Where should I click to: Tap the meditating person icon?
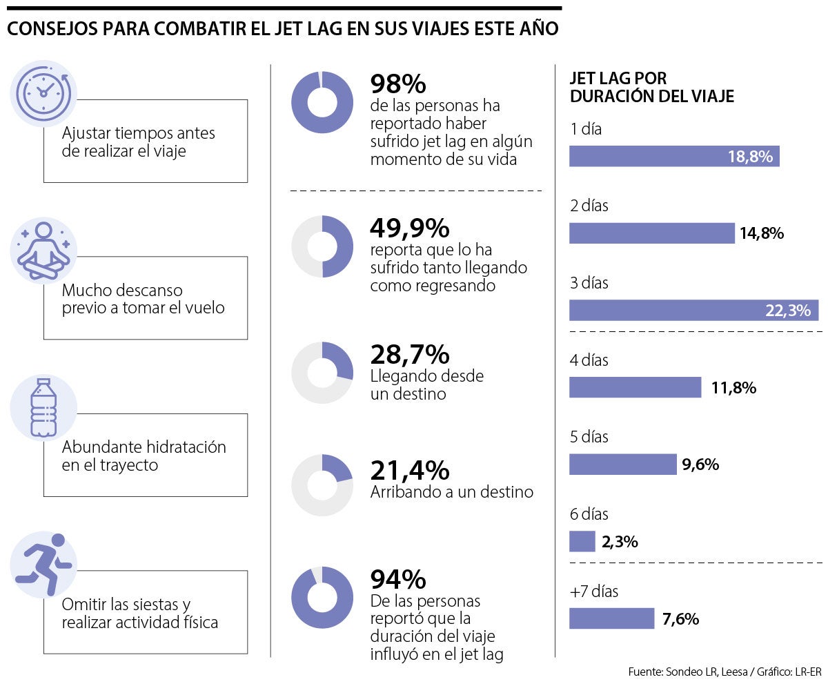tap(43, 250)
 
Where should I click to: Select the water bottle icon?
tap(43, 407)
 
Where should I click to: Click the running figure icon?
tap(43, 564)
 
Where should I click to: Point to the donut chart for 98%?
tap(322, 102)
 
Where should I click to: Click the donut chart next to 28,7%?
tap(322, 373)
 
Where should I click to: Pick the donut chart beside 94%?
tap(322, 598)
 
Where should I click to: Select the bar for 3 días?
tap(693, 311)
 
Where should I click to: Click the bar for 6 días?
tap(582, 542)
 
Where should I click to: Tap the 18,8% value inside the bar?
tap(749, 157)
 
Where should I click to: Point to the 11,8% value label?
tap(733, 388)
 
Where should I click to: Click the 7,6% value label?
tap(680, 619)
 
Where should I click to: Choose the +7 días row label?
tap(594, 592)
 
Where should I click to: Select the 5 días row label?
tap(589, 437)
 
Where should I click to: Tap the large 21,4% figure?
tap(409, 471)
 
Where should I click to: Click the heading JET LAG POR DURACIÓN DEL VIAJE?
tap(651, 88)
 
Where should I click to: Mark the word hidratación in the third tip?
tap(185, 447)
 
